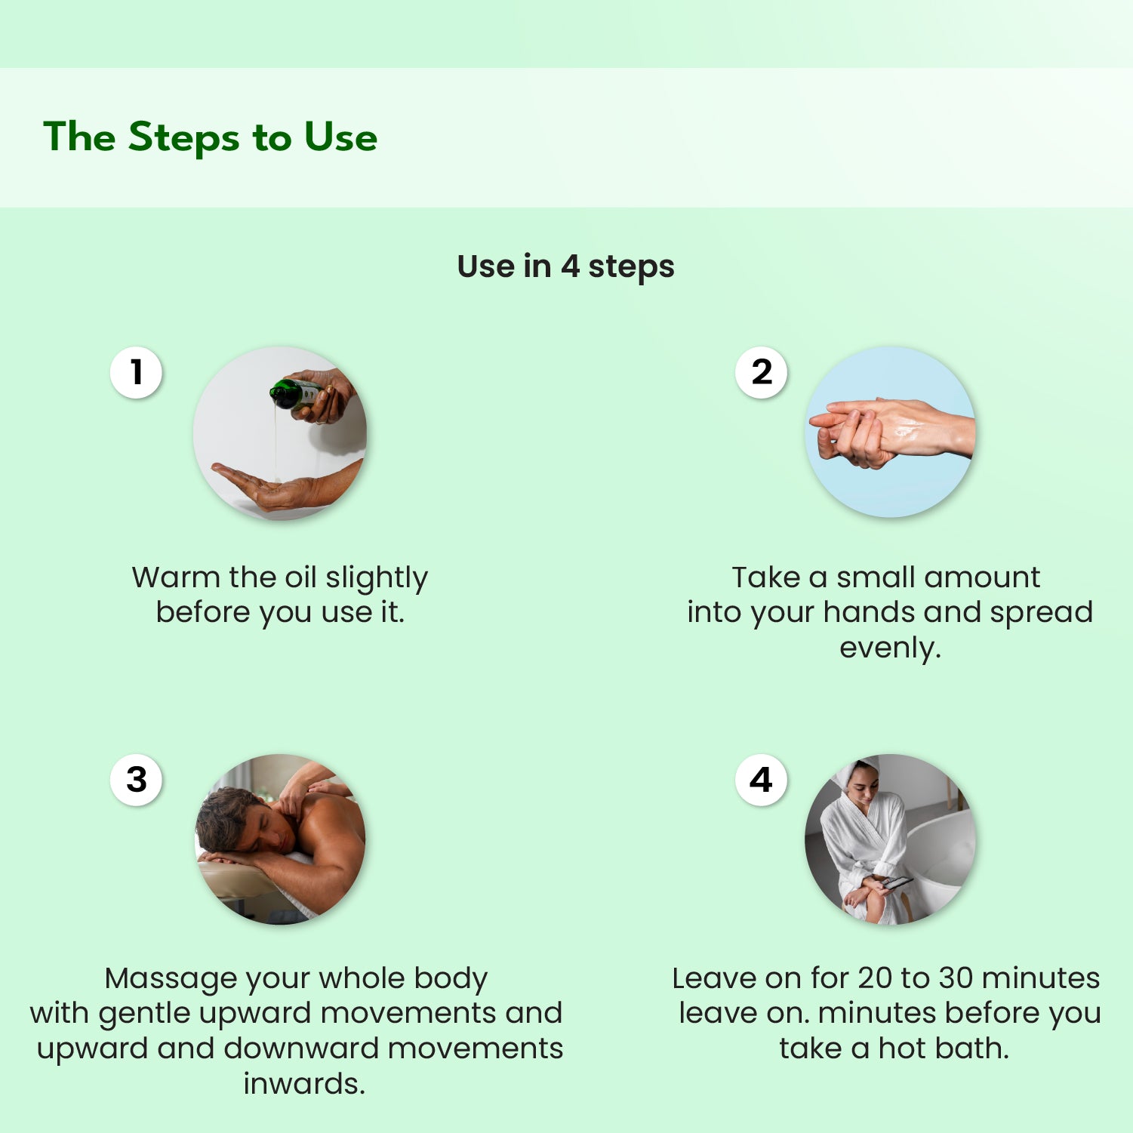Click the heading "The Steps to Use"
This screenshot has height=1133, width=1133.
tap(210, 137)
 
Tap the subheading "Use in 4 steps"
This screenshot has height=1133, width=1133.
tap(565, 266)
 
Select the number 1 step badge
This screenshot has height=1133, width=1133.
tap(136, 372)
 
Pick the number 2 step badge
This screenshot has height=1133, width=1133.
tap(761, 372)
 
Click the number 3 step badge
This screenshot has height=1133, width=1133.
tap(136, 780)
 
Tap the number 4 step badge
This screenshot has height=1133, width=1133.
tap(761, 780)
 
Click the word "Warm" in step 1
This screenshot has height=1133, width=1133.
tap(176, 577)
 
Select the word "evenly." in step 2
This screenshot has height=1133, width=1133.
tap(890, 648)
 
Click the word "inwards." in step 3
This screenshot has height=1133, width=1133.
tap(304, 1084)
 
